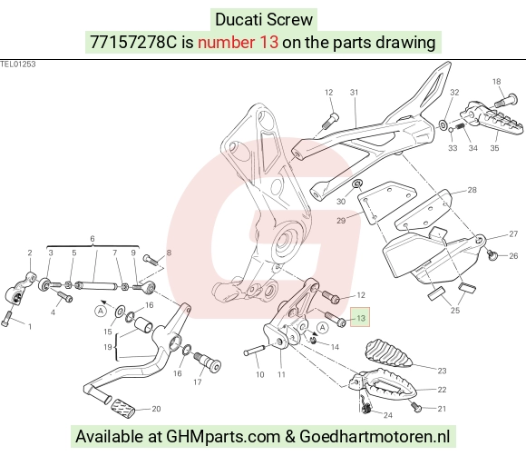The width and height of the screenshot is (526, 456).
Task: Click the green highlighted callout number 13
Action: pos(361,318)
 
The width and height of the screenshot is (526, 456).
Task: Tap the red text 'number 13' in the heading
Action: pos(238,43)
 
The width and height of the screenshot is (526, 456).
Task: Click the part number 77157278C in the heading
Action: pos(133,43)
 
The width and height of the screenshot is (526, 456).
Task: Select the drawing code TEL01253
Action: pos(18,64)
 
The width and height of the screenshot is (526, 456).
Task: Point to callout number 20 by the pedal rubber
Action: pos(156,409)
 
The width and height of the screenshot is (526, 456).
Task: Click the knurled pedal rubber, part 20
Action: pos(123,408)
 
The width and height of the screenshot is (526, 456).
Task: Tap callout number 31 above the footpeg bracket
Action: pos(355,92)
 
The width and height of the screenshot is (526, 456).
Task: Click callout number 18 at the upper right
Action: pos(496,82)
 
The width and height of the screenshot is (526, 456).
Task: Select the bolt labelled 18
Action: pos(505,100)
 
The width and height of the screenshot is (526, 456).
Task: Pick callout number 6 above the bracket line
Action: pos(93,239)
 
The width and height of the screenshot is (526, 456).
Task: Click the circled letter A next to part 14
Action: pos(323,327)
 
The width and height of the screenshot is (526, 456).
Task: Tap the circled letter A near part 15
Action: pos(101,311)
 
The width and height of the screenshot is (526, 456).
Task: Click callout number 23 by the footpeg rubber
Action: pos(443,371)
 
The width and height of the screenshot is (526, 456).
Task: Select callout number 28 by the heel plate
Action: pos(472,190)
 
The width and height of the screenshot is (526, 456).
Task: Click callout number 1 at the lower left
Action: pos(30,326)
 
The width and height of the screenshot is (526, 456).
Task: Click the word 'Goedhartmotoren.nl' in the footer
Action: pos(375,436)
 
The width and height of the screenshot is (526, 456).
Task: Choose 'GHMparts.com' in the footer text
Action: pos(223,437)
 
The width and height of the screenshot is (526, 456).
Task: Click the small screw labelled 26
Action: pos(492,255)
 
